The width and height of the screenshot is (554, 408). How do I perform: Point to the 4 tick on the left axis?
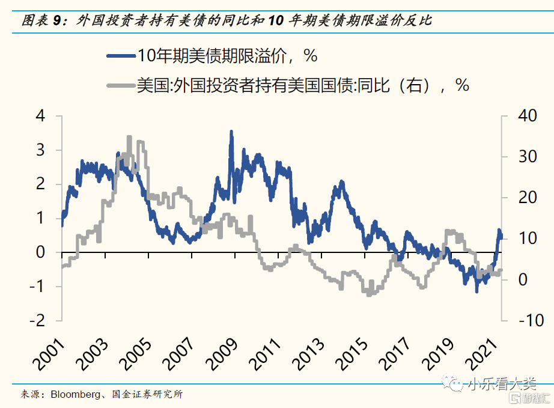pos(41,116)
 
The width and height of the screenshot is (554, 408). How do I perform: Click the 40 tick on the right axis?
pos(519,116)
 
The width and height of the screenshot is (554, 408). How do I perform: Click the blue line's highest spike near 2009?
pos(231,132)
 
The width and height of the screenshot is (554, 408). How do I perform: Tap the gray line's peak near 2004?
pos(129,138)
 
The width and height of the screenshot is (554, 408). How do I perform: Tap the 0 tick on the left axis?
pos(41,252)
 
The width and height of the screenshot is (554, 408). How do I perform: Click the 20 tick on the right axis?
pos(519,198)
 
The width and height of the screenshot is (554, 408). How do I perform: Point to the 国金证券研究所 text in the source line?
pos(148,395)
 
